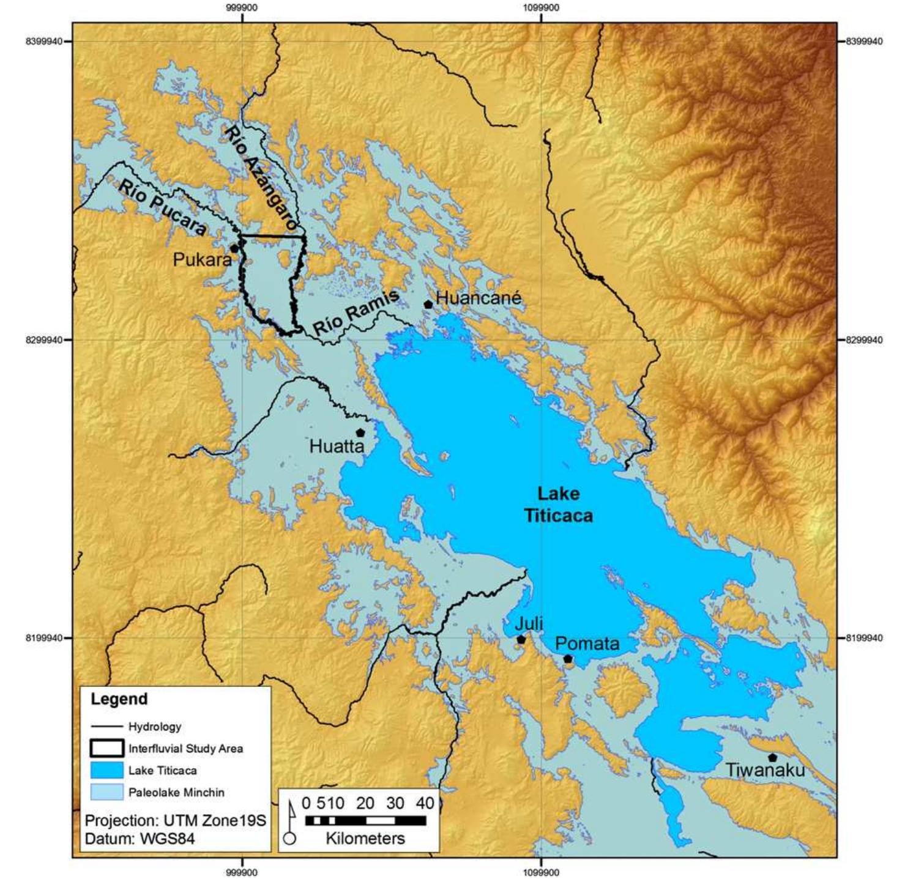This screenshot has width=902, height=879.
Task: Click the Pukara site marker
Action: point(234,248)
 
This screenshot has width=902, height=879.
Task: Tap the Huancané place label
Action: point(479,298)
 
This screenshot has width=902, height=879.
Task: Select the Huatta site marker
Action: point(360,432)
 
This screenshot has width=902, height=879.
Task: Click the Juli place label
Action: point(529,624)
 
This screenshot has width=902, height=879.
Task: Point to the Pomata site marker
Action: point(568,659)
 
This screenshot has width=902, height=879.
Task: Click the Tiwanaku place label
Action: point(765,770)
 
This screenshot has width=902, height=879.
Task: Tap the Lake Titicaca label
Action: point(558,505)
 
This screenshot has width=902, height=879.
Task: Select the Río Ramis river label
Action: point(356,312)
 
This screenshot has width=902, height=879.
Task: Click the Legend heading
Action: point(119,699)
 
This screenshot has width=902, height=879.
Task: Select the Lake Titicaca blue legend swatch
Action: point(106,770)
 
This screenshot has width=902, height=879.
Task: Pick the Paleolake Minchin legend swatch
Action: point(106,792)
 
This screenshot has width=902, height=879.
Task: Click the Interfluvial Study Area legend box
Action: point(106,748)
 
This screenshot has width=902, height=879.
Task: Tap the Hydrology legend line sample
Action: point(106,727)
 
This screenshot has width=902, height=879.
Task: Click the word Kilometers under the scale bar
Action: point(365,838)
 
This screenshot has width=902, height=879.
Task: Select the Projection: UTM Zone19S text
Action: point(175,820)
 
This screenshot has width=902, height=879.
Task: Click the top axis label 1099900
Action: point(541,8)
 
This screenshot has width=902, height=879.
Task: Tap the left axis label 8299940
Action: point(43,340)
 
